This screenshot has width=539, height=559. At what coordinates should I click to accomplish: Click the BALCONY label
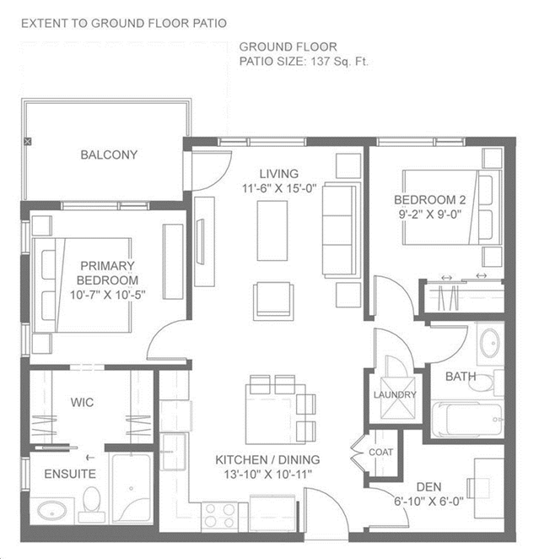(x=109, y=155)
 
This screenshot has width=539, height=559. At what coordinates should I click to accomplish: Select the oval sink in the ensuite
(x=52, y=511)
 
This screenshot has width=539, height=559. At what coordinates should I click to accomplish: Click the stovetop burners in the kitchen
(x=219, y=515)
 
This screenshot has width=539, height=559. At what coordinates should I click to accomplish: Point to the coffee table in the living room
(x=272, y=231)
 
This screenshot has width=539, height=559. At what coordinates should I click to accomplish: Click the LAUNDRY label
(x=395, y=394)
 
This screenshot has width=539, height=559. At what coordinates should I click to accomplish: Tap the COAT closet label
(x=381, y=452)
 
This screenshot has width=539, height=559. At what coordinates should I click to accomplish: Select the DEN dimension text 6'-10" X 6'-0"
(x=429, y=502)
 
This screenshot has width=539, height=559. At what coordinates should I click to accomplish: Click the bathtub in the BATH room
(x=466, y=419)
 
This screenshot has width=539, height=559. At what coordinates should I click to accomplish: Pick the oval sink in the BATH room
(x=489, y=343)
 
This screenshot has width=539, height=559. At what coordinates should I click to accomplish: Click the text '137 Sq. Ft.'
(x=339, y=62)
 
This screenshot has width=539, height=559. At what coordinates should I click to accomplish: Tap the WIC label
(x=82, y=402)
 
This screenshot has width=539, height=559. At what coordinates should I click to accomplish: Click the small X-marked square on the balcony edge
(x=27, y=142)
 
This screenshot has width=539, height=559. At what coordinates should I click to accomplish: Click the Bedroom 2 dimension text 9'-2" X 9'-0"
(x=429, y=214)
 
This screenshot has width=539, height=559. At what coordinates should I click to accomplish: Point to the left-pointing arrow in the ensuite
(x=90, y=458)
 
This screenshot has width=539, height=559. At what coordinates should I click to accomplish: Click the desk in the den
(x=488, y=488)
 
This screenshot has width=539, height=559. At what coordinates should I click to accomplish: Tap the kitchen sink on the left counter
(x=174, y=452)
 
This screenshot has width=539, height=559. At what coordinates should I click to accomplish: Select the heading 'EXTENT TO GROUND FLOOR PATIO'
(x=124, y=24)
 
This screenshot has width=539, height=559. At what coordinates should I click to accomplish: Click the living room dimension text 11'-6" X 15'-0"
(x=279, y=188)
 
